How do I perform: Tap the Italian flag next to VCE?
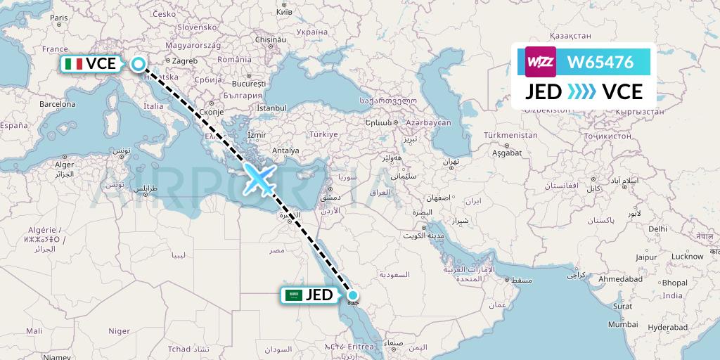point(73,64)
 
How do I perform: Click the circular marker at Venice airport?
point(139,65)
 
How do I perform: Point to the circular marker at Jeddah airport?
point(353,295)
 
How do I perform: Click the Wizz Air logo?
point(541,62)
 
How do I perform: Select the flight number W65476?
point(600,62)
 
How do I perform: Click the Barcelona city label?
point(57,103)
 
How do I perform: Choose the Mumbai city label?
point(624,324)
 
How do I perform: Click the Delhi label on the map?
point(658,229)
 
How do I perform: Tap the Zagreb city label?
point(185,61)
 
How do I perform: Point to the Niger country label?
point(119,330)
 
